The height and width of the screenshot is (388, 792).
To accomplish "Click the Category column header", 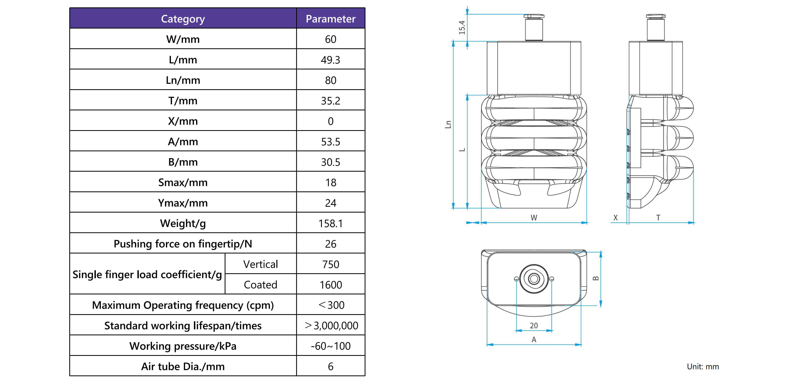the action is pos(183,19).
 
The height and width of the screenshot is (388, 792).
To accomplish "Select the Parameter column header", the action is pos(330,19).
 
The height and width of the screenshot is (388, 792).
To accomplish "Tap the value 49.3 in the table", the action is pos(330,60).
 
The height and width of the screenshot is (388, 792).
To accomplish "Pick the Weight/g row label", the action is pos(183,223).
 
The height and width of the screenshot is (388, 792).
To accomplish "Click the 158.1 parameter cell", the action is pos(330,223).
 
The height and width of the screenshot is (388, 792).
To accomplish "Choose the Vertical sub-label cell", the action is pos(260,264).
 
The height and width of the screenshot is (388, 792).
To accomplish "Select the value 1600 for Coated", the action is pos(330,285).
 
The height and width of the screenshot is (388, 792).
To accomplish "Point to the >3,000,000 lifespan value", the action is pos(331,326).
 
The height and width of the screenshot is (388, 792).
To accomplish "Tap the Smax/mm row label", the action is pos(183,182).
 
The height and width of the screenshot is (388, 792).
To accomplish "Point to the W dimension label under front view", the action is pos(534,218).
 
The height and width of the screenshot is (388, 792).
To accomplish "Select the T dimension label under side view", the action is pos(658,218).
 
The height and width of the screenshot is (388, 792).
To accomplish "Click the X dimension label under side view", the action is pos(615,218).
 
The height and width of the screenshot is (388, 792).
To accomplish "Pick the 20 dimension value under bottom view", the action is pos(534,326).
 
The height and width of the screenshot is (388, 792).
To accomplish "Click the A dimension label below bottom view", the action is pos(534,339).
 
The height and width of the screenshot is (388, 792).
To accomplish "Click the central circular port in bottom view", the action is pos(534,279).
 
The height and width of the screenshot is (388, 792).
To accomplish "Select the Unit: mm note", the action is pos(703,366).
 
